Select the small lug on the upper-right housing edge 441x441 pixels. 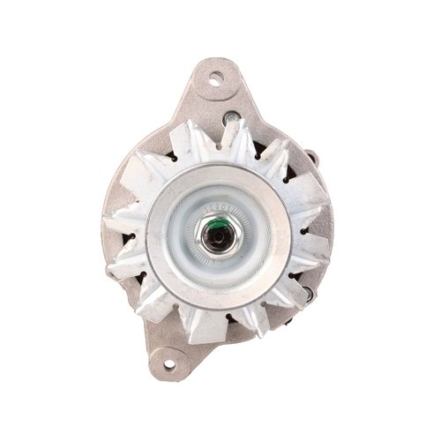310,157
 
